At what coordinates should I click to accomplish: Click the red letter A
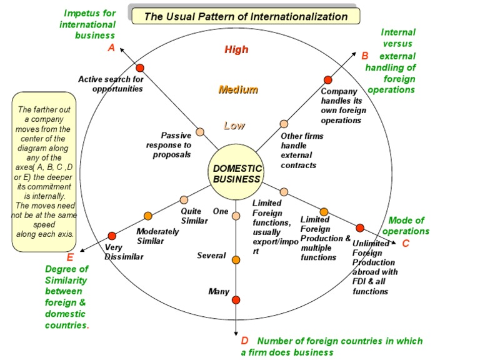click(111, 47)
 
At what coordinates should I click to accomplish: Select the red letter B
click(365, 56)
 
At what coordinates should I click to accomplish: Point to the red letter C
click(406, 243)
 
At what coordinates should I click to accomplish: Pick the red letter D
click(245, 341)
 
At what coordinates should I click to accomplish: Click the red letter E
click(70, 257)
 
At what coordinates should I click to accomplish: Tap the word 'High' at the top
click(236, 49)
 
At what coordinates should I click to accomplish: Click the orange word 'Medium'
click(238, 89)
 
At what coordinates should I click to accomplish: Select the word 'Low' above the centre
click(234, 126)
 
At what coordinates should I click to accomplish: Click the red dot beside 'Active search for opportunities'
click(140, 67)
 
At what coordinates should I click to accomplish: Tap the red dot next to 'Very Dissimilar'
click(112, 236)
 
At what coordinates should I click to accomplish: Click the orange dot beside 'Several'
click(236, 259)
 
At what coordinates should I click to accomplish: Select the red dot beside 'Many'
click(236, 300)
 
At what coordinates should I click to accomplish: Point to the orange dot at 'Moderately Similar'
click(148, 216)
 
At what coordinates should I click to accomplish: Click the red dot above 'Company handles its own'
click(327, 80)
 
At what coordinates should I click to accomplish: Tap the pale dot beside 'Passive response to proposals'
click(200, 132)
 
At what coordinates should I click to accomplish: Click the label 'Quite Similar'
click(191, 216)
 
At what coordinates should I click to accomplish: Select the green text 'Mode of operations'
click(406, 226)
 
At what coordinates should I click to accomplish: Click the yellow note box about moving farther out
click(44, 172)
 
